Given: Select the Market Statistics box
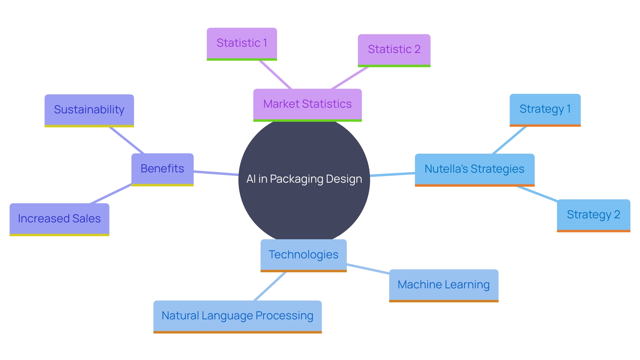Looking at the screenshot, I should [307, 104].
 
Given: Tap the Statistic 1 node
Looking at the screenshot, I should [242, 43].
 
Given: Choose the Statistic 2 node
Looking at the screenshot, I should [394, 50].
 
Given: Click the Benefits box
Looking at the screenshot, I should [162, 169].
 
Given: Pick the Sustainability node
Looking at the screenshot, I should [89, 110].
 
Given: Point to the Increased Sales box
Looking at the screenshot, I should [59, 219].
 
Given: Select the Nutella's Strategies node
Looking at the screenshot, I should [474, 169].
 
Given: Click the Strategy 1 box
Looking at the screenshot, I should [545, 109].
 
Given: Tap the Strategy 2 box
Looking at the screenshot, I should [593, 215].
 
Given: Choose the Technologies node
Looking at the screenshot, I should [303, 255].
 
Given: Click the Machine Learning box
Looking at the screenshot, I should [443, 285].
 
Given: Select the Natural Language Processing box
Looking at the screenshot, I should [237, 316].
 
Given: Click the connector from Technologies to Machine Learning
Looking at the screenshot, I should [368, 269].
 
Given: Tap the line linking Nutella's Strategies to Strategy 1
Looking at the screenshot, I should [509, 140].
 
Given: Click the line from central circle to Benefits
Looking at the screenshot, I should [216, 173].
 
